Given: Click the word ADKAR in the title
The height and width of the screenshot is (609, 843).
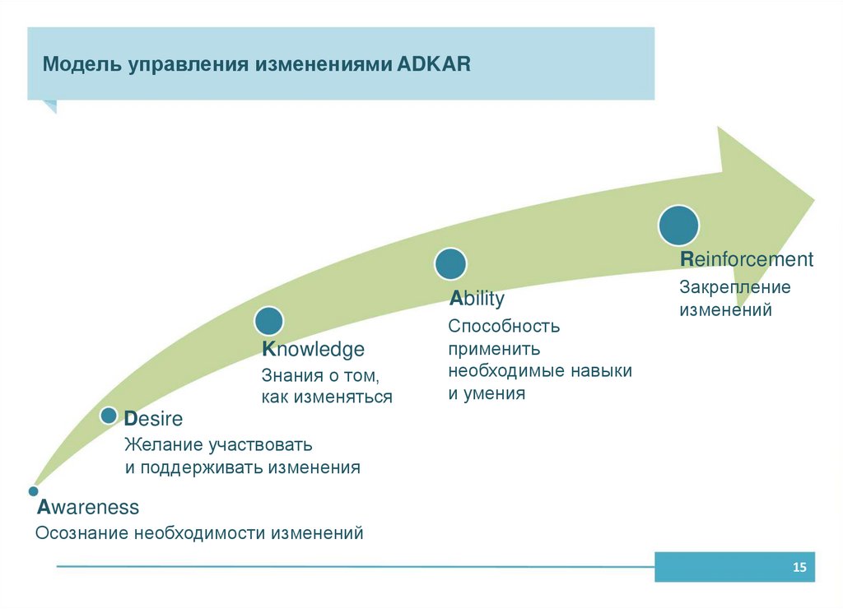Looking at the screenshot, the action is coord(434,65).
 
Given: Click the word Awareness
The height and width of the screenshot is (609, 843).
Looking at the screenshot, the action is coord(87,506).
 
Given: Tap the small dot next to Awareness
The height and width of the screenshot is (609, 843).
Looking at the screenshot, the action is coord(34,490).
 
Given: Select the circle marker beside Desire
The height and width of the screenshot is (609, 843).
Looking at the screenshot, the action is coord(109,416).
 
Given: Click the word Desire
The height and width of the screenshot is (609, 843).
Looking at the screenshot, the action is coord(153,418).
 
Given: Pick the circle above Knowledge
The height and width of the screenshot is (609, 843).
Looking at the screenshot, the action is coord(269,321).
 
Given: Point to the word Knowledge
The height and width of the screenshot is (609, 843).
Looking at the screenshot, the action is coord(313,350).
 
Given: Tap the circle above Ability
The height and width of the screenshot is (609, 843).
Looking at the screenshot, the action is coord(450,264).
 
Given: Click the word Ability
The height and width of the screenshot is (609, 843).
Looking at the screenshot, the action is coord(477,299).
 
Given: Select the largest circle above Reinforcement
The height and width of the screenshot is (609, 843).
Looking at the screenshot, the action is coord(678,225).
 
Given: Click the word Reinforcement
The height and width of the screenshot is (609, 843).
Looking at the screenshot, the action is coord(746,260).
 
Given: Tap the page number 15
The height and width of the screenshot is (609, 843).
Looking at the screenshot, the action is coord(799,568).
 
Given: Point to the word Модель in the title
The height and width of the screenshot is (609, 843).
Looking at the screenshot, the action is coord(82,65).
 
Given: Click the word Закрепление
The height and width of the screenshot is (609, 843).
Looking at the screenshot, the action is coord(734,287).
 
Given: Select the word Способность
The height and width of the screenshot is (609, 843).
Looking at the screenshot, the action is coord(504,326).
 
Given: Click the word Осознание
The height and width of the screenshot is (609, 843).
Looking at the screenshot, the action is coord(82,533).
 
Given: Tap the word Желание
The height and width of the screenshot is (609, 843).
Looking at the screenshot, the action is coord(162,445).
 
